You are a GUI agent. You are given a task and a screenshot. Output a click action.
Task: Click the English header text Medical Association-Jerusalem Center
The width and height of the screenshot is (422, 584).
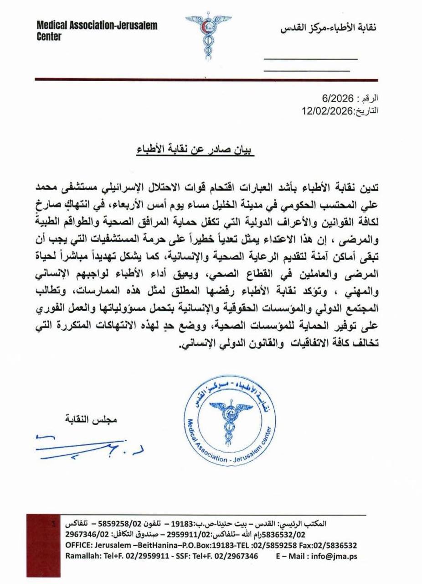point(97,31)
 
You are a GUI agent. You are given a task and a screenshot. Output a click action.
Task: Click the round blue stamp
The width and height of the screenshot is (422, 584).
point(230,422)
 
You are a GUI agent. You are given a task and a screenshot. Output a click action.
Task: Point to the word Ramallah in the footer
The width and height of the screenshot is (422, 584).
point(82,557)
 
